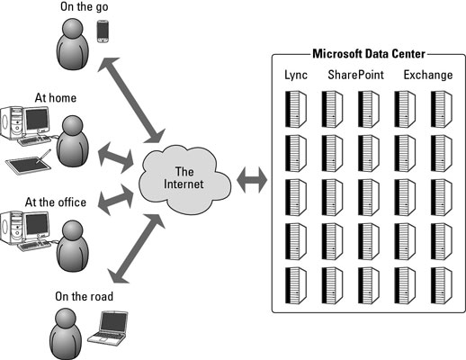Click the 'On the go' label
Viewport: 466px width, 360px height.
tap(85, 6)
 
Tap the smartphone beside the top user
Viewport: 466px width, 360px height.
tap(103, 31)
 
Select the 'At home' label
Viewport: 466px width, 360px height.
tap(56, 98)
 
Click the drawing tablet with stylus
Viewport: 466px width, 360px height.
tap(29, 162)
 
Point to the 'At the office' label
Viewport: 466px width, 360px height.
tap(56, 202)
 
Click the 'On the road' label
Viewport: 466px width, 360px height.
tap(85, 296)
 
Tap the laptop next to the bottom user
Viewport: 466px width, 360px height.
tap(108, 327)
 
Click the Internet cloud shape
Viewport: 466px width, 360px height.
tap(184, 179)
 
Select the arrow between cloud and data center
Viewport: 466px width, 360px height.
tap(252, 180)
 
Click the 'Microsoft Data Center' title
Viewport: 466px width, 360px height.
tap(369, 54)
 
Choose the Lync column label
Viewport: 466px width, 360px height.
tap(296, 75)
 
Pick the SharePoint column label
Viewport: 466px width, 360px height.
tap(355, 75)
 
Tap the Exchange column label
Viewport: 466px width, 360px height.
tap(428, 75)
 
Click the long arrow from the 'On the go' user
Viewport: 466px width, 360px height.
tap(131, 100)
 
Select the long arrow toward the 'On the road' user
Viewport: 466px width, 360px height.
tap(137, 248)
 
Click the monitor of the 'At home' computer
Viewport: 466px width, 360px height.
tap(37, 120)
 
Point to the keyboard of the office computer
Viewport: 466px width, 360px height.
tap(34, 246)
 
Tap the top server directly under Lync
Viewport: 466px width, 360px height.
tap(296, 110)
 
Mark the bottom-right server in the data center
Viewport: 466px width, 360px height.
tap(442, 286)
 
